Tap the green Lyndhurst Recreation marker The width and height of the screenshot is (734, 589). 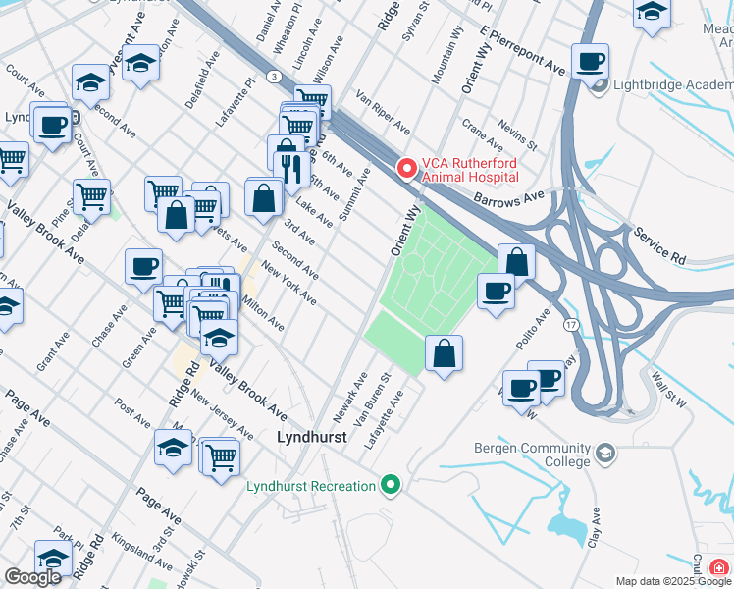[391, 485]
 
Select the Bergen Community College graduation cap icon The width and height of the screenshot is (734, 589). [605, 454]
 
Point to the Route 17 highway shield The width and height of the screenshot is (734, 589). [569, 323]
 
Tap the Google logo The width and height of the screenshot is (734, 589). [32, 577]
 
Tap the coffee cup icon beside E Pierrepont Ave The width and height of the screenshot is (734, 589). [590, 62]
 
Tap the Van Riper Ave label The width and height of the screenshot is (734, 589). [383, 113]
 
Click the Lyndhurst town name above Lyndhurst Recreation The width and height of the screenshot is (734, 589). [312, 438]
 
